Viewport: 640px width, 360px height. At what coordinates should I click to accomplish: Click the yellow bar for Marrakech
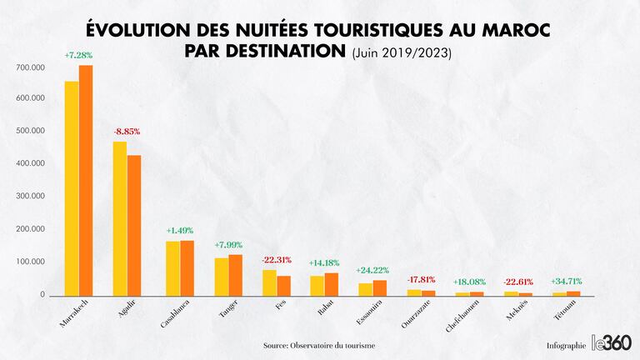pyautogui.click(x=72, y=188)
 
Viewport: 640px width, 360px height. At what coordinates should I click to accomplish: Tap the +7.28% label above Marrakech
pyautogui.click(x=78, y=55)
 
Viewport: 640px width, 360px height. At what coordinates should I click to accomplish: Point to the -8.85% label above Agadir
pyautogui.click(x=127, y=132)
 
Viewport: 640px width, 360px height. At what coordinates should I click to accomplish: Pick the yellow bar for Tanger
pyautogui.click(x=221, y=277)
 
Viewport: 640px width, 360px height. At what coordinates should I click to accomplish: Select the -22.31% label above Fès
pyautogui.click(x=277, y=259)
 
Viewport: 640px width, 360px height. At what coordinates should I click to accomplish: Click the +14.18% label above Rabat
pyautogui.click(x=324, y=263)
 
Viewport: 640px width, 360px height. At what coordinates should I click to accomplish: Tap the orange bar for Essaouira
pyautogui.click(x=379, y=287)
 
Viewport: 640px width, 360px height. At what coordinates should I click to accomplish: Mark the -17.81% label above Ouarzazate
pyautogui.click(x=422, y=279)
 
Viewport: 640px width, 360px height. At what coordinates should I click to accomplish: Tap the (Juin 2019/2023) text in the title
pyautogui.click(x=402, y=52)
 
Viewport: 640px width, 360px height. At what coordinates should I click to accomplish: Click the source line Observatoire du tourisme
pyautogui.click(x=319, y=345)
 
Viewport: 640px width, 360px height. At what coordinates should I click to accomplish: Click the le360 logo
pyautogui.click(x=611, y=342)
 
